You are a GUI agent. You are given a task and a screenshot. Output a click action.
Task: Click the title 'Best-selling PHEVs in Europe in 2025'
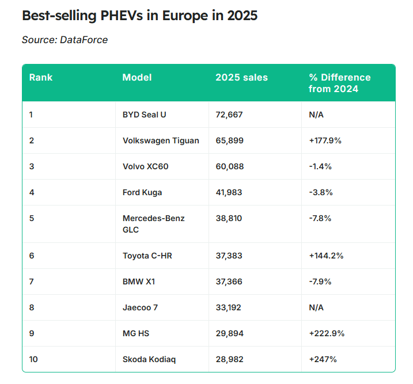click(139, 16)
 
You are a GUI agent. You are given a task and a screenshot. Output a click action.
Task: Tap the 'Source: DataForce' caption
click(65, 40)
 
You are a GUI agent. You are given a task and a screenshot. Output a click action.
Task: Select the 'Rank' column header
click(41, 77)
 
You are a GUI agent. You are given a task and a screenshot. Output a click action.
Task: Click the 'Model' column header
click(137, 77)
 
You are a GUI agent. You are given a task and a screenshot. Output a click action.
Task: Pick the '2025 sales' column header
click(241, 77)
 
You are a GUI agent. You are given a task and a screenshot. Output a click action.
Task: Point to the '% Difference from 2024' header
click(339, 83)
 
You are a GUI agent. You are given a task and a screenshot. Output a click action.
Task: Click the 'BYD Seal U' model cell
click(144, 115)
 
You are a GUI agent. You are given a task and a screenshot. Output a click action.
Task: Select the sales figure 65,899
click(229, 140)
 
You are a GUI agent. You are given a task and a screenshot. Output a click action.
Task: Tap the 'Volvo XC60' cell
click(145, 166)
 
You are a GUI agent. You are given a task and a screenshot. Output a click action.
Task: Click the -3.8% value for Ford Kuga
click(320, 192)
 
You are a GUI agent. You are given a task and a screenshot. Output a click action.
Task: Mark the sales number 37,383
click(229, 256)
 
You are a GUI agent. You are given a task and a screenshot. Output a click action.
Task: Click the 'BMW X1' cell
click(139, 282)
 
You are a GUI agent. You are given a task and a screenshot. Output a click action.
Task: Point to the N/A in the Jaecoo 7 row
click(316, 307)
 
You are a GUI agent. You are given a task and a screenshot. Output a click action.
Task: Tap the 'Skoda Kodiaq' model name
click(149, 359)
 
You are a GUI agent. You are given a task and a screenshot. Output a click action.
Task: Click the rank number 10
click(33, 359)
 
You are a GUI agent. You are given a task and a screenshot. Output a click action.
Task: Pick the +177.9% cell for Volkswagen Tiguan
click(325, 140)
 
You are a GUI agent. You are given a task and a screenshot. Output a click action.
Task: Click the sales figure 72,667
click(229, 115)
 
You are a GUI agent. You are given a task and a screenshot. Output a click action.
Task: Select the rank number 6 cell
click(32, 256)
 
